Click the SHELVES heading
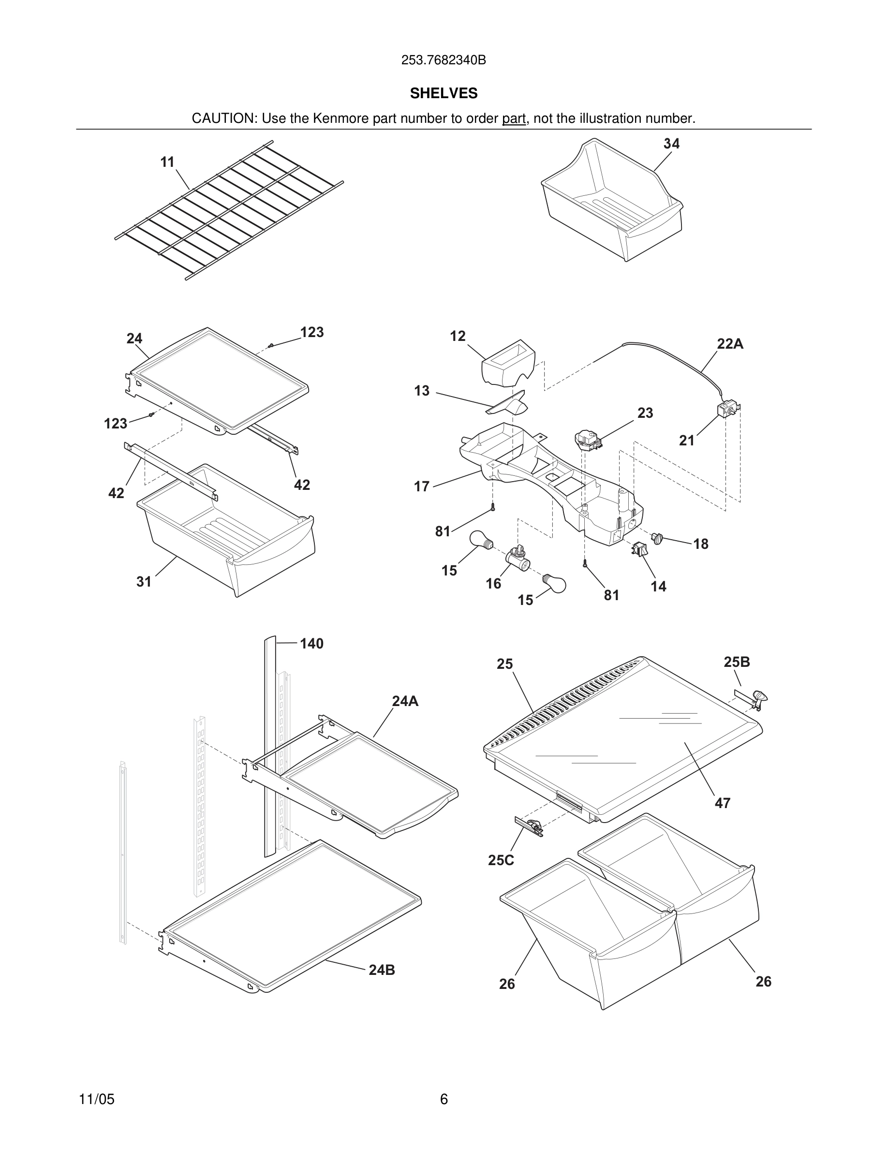(x=444, y=93)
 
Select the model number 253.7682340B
(x=444, y=60)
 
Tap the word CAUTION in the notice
(x=223, y=118)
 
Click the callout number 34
(x=671, y=144)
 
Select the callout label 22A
(x=730, y=344)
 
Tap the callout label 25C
(x=501, y=860)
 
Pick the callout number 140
(x=311, y=644)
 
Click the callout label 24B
(x=382, y=970)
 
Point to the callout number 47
(x=722, y=803)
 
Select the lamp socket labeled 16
(x=516, y=558)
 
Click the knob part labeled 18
(x=656, y=538)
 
